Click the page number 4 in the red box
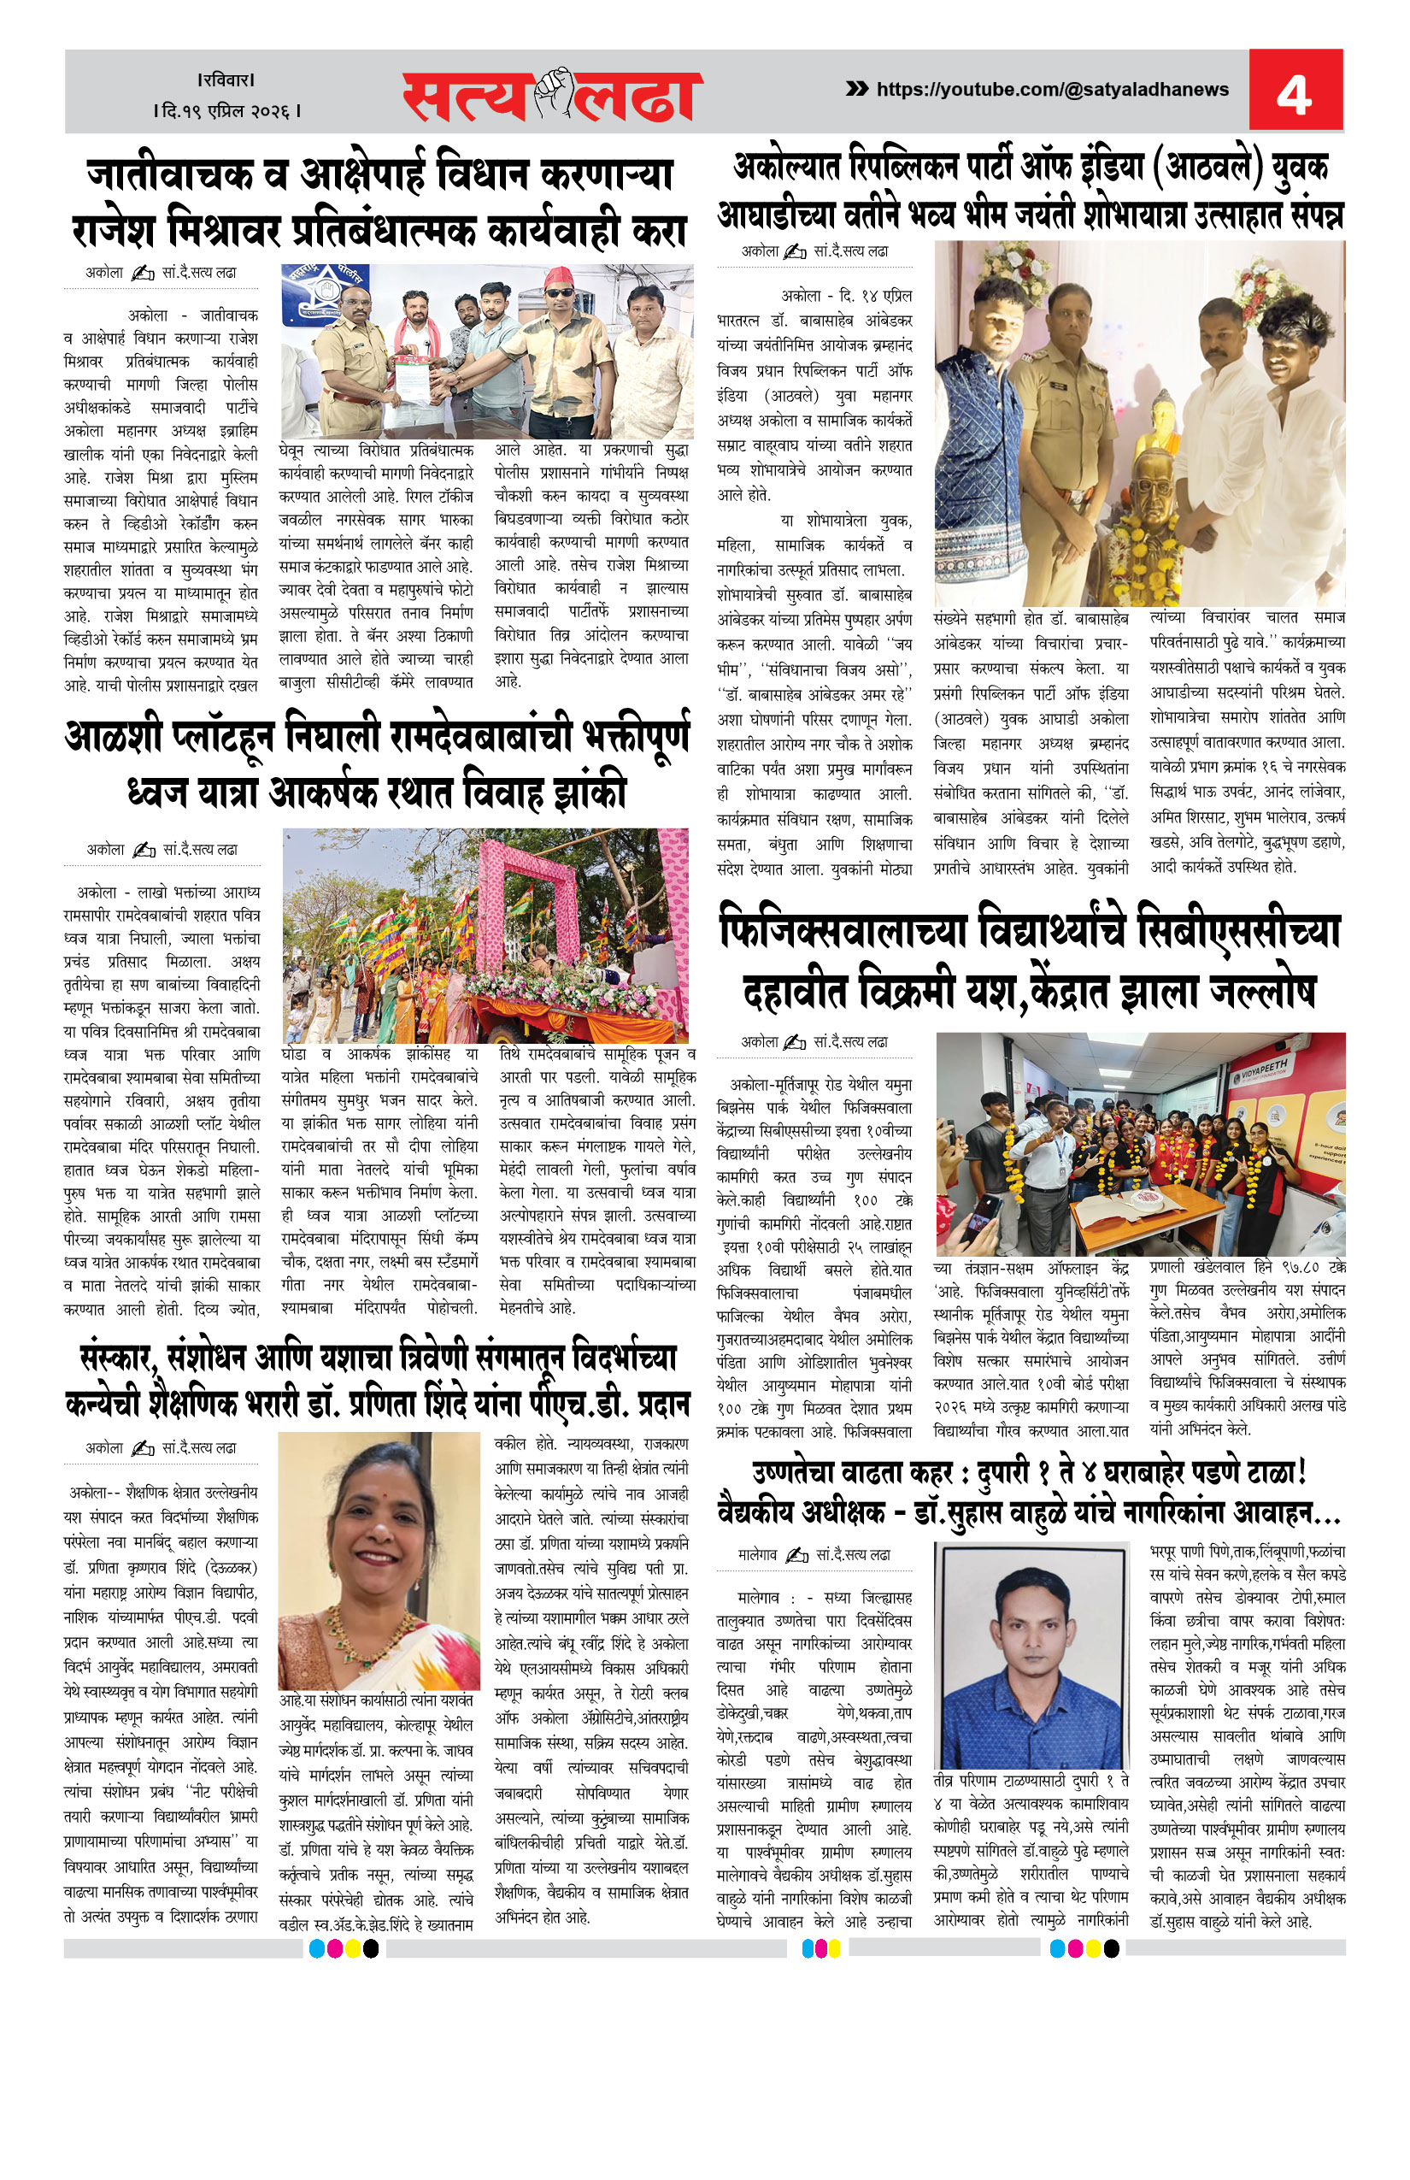pos(1294,92)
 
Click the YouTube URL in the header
pos(1052,90)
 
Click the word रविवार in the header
pos(226,80)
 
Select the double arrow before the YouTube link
pos(856,89)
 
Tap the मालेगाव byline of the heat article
pos(757,1554)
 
